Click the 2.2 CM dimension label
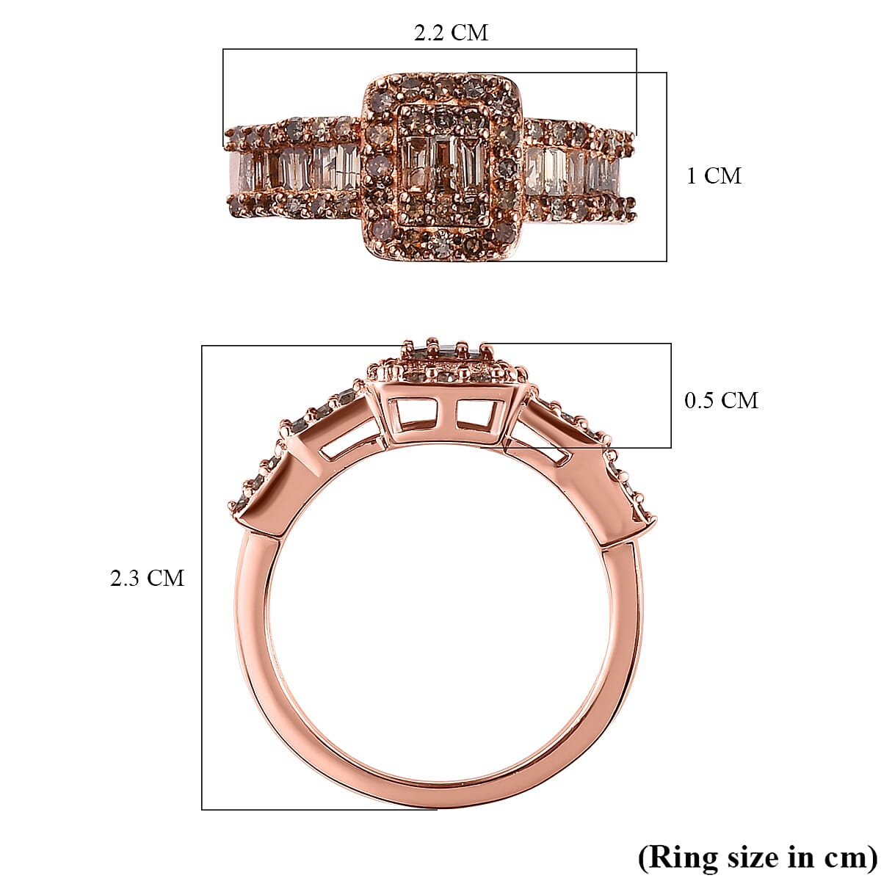[x=451, y=33]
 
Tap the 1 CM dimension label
[x=714, y=176]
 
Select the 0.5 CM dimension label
[x=721, y=400]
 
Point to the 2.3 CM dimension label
[x=147, y=579]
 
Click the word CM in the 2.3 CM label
[x=164, y=579]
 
